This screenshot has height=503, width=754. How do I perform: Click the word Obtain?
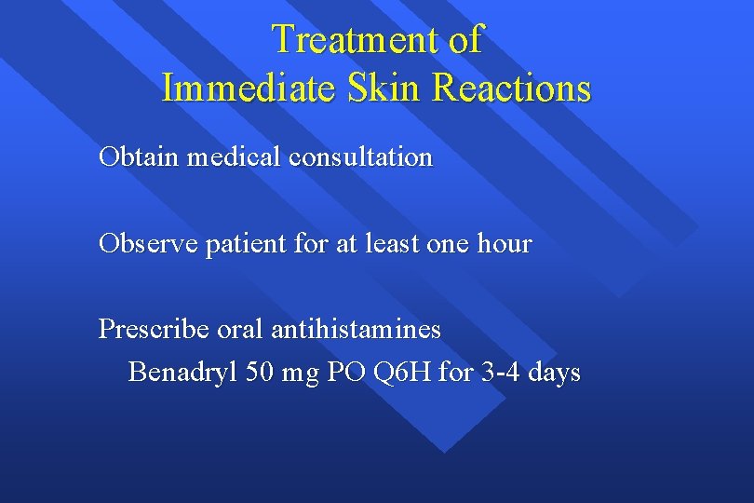(x=139, y=157)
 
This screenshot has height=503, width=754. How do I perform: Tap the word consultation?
(x=360, y=157)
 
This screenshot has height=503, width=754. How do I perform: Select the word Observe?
(x=144, y=244)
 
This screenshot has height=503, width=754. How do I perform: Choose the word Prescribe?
(x=153, y=330)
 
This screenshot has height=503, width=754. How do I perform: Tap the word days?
(x=555, y=374)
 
